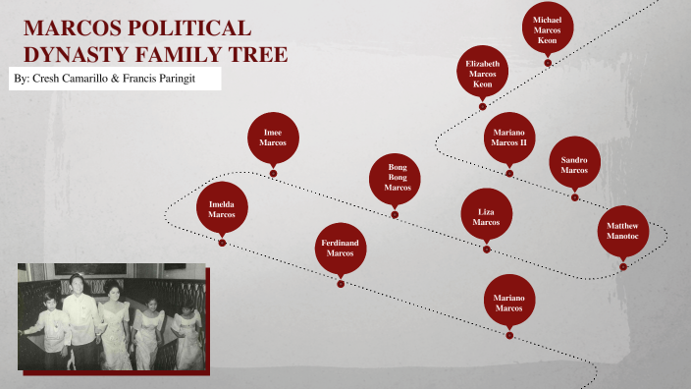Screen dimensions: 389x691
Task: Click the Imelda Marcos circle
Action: click(x=222, y=208)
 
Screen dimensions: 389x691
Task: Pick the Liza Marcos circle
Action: click(x=487, y=216)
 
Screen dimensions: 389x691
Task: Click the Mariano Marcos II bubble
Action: click(x=509, y=138)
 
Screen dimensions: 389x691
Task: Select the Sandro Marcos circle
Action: click(x=574, y=162)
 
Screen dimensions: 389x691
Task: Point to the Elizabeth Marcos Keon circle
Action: click(x=483, y=72)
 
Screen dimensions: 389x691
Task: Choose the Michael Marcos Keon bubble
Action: click(x=548, y=28)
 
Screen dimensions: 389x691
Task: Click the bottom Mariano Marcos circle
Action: click(x=509, y=302)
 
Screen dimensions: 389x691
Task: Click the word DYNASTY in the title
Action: click(x=68, y=54)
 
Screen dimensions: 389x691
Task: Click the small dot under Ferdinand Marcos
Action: click(x=341, y=284)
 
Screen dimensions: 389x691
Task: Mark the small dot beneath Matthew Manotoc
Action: click(x=622, y=266)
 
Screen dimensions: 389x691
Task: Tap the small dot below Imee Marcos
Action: click(x=273, y=174)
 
